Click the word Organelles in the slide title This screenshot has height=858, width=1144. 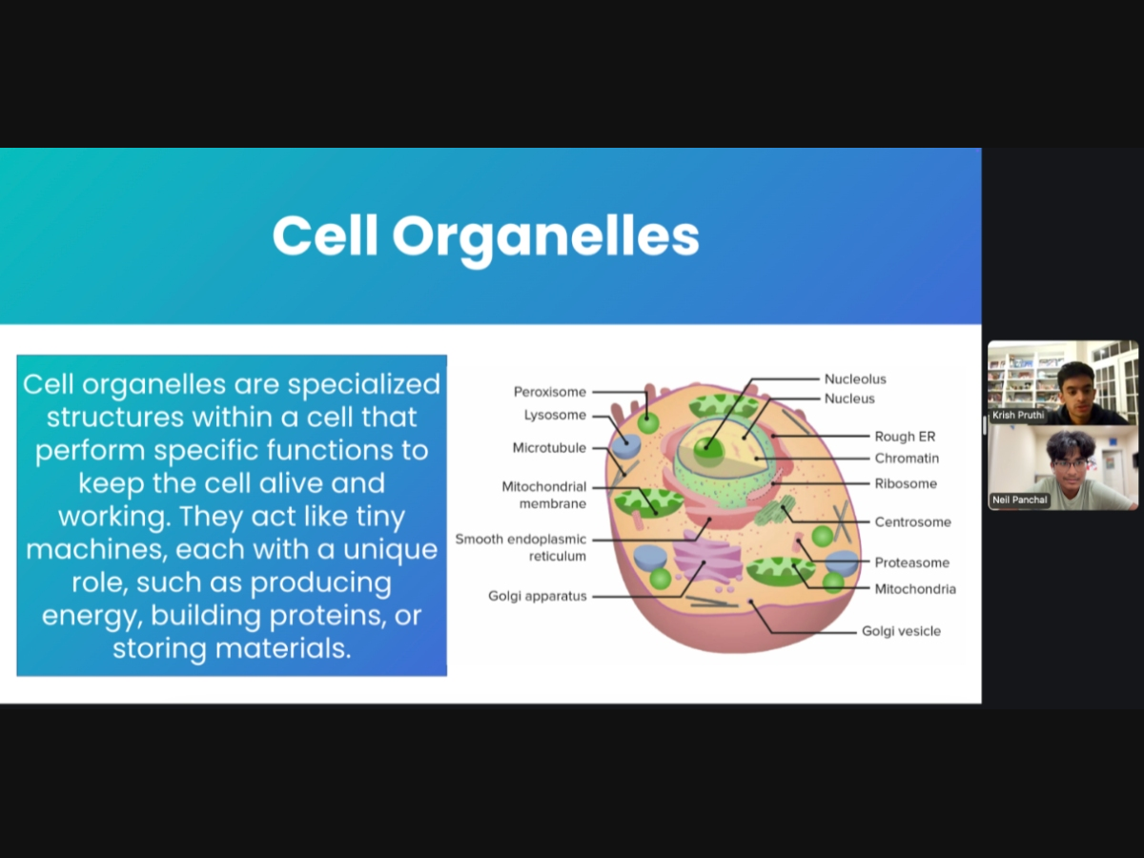pyautogui.click(x=545, y=238)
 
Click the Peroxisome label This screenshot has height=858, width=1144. pyautogui.click(x=550, y=392)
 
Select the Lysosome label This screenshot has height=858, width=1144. pyautogui.click(x=555, y=416)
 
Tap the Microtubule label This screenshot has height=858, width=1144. pyautogui.click(x=549, y=448)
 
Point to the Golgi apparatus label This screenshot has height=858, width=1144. pyautogui.click(x=538, y=596)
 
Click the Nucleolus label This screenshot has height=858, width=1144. pyautogui.click(x=855, y=379)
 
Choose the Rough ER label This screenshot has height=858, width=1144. pyautogui.click(x=905, y=437)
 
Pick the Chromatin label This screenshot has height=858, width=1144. pyautogui.click(x=907, y=459)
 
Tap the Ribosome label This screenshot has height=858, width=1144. pyautogui.click(x=906, y=484)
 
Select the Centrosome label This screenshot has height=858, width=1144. pyautogui.click(x=912, y=522)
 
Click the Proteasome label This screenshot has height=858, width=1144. pyautogui.click(x=912, y=562)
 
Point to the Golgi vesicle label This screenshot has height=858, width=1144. pyautogui.click(x=901, y=631)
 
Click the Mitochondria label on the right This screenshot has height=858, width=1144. pyautogui.click(x=915, y=589)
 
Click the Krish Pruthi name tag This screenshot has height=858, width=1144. pyautogui.click(x=1018, y=416)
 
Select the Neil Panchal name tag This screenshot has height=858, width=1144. pyautogui.click(x=1019, y=500)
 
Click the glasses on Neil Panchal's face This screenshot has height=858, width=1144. pyautogui.click(x=1070, y=464)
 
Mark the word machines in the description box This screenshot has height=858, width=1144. pyautogui.click(x=97, y=550)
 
